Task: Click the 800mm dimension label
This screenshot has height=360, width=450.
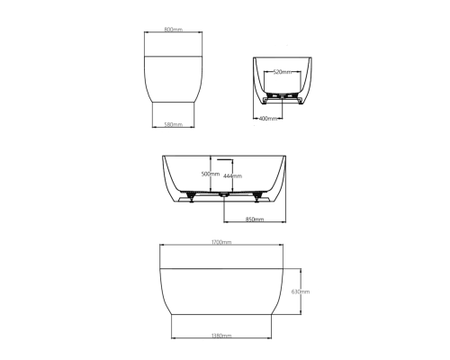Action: pyautogui.click(x=174, y=30)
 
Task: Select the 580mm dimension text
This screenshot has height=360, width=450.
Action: pyautogui.click(x=174, y=124)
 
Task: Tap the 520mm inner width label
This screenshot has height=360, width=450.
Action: pyautogui.click(x=283, y=72)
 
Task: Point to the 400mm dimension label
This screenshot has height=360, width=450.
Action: pyautogui.click(x=268, y=119)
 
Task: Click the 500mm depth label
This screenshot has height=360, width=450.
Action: pyautogui.click(x=211, y=174)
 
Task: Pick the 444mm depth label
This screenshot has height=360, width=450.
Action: pyautogui.click(x=232, y=176)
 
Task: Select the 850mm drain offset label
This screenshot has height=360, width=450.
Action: pyautogui.click(x=255, y=220)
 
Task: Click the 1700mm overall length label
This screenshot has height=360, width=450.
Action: pyautogui.click(x=221, y=242)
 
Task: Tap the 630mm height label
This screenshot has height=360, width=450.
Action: pyautogui.click(x=301, y=292)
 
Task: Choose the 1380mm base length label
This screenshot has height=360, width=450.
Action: pyautogui.click(x=221, y=336)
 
